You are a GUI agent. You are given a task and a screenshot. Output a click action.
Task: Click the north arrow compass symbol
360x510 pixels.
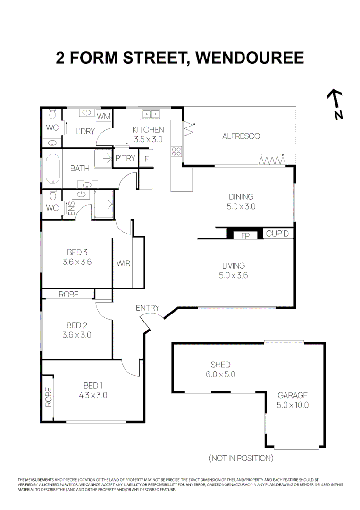(335, 104)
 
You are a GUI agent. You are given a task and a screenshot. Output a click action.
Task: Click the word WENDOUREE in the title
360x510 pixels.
(249, 58)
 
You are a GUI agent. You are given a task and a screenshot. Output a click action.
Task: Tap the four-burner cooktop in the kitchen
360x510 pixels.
(176, 152)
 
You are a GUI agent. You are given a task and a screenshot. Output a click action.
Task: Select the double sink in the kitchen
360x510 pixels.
(151, 114)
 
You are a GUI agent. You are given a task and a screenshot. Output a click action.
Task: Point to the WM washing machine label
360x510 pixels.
(103, 116)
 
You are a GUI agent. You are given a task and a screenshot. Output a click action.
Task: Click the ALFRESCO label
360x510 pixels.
(241, 136)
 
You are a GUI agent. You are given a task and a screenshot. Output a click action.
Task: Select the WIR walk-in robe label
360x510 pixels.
(124, 263)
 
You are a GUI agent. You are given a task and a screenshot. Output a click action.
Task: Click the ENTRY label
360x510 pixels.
(147, 308)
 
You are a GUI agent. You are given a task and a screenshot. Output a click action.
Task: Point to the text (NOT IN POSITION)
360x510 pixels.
(241, 458)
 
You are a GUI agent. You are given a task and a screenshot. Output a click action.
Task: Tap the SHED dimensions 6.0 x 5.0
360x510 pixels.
(220, 374)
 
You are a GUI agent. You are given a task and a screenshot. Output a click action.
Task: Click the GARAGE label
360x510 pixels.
(293, 395)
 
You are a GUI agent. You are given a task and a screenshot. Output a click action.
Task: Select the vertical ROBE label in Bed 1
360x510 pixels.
(48, 397)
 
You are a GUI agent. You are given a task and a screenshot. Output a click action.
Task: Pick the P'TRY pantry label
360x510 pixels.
(125, 159)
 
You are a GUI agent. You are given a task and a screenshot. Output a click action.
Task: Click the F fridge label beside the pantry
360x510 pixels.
(147, 159)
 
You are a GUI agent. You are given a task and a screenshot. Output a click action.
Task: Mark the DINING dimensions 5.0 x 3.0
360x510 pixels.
(241, 206)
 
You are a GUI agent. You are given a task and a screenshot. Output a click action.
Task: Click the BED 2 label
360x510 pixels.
(77, 325)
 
